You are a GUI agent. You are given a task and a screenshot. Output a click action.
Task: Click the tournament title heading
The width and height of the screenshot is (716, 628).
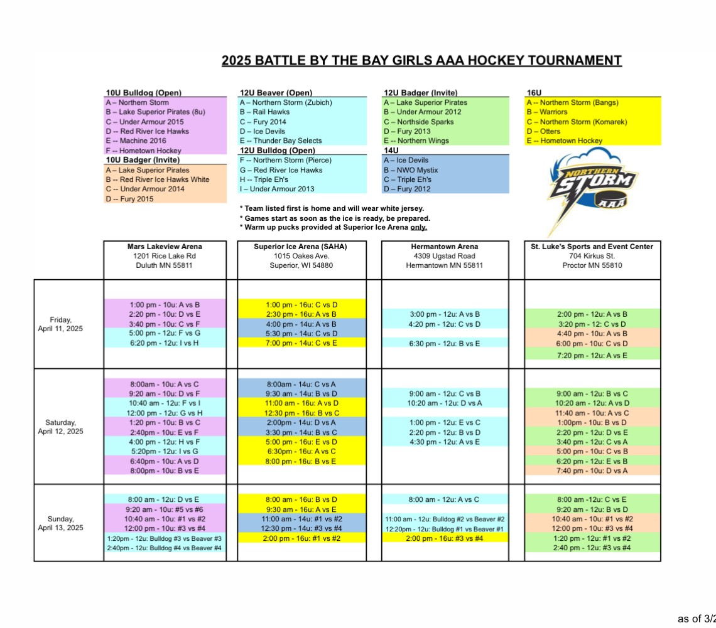point(421,61)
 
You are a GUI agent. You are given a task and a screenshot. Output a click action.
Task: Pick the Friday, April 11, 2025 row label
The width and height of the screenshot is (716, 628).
point(61,324)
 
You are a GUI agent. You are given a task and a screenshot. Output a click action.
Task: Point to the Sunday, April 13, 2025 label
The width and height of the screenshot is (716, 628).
point(61,523)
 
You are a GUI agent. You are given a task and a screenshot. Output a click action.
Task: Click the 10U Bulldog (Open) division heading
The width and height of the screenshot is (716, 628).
point(144,93)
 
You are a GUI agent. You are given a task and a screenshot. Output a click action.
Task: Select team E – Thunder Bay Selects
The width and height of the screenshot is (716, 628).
point(280,141)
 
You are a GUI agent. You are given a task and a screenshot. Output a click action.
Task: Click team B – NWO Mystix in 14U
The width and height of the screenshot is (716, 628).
point(411,170)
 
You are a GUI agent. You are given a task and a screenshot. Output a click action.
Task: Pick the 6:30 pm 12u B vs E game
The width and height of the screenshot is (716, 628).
point(445,343)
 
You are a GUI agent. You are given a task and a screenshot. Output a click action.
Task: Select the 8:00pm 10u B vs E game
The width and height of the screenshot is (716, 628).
point(165,471)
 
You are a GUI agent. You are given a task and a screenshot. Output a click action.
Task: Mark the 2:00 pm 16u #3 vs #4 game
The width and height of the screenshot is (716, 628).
point(445,538)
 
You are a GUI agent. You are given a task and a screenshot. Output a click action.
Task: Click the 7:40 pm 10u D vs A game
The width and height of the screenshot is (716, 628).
point(593,471)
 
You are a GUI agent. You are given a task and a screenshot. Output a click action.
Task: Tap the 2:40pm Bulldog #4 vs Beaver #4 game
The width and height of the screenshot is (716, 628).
point(165,548)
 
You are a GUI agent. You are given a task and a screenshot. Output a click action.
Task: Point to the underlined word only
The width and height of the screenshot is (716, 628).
point(419,227)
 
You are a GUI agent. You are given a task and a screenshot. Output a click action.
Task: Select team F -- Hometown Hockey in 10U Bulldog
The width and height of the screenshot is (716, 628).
point(143,151)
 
